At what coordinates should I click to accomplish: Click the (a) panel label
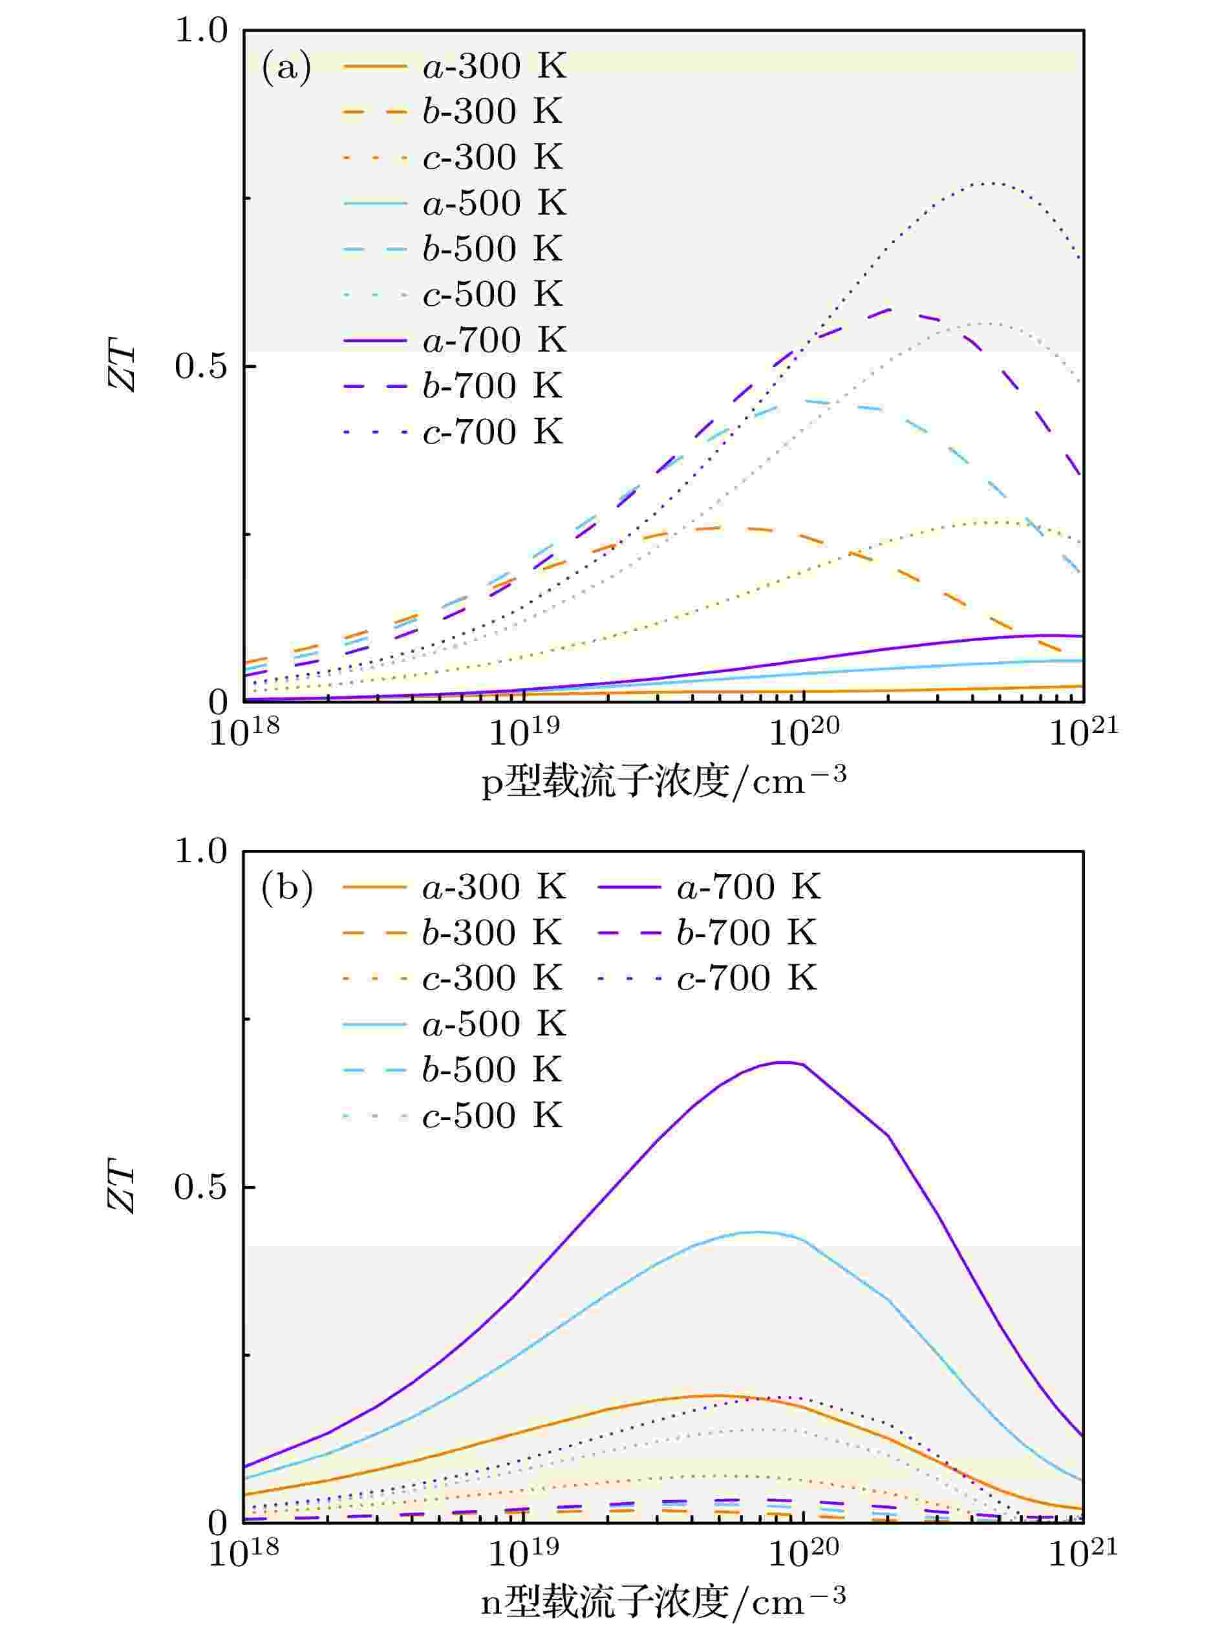(285, 67)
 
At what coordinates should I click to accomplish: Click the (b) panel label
(286, 887)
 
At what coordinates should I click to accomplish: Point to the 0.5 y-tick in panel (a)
(200, 366)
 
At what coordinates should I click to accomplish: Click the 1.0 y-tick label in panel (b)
(200, 852)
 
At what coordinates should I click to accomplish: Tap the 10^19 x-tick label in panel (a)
(524, 731)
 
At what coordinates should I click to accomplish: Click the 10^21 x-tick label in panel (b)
(1083, 1551)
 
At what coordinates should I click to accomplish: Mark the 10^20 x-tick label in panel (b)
(804, 1551)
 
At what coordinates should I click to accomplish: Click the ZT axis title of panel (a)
(122, 367)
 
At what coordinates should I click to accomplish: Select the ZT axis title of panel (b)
(122, 1189)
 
